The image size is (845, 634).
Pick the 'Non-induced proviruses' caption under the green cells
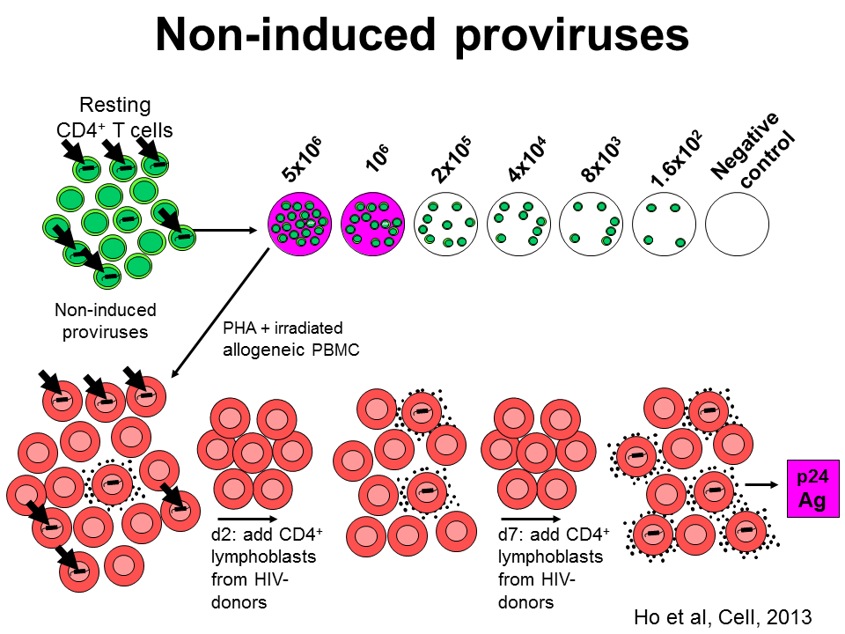[105, 321]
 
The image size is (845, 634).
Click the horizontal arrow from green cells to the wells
[229, 232]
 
